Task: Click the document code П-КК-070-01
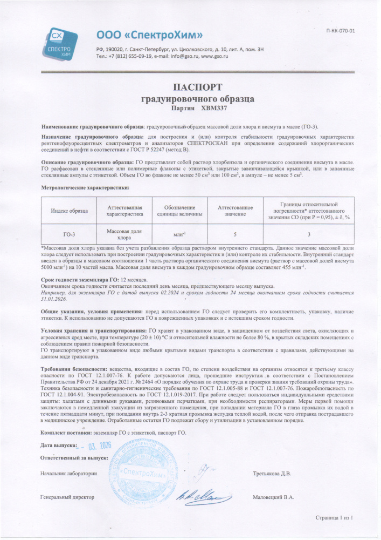(341, 31)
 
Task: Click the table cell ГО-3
(68, 234)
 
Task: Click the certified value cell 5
(235, 234)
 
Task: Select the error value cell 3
(309, 234)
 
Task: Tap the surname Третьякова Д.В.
(272, 474)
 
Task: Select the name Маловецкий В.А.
(273, 497)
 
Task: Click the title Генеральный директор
(67, 497)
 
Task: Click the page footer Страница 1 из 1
(334, 518)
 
